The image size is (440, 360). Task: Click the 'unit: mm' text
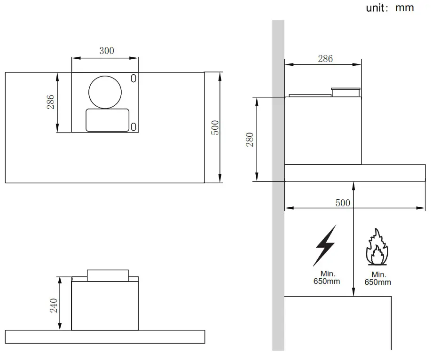tap(390, 8)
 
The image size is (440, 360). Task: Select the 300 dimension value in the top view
tap(106, 51)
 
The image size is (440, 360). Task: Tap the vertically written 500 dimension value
tap(215, 128)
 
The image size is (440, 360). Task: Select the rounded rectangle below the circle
tap(107, 120)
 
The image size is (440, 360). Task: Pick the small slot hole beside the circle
tap(134, 78)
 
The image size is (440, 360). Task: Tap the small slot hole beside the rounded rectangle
tap(134, 126)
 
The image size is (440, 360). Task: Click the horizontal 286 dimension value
tap(325, 59)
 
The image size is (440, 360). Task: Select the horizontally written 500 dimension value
tap(343, 203)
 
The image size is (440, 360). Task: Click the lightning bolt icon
tap(325, 245)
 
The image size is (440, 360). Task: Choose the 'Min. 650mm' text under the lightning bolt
tap(326, 278)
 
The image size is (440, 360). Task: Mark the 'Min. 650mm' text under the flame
tap(378, 279)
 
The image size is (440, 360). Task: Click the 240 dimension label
tap(54, 305)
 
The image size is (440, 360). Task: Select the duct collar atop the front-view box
tap(108, 275)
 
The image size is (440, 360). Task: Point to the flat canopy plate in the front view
tap(105, 337)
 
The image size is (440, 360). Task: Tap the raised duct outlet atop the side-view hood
tap(346, 92)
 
